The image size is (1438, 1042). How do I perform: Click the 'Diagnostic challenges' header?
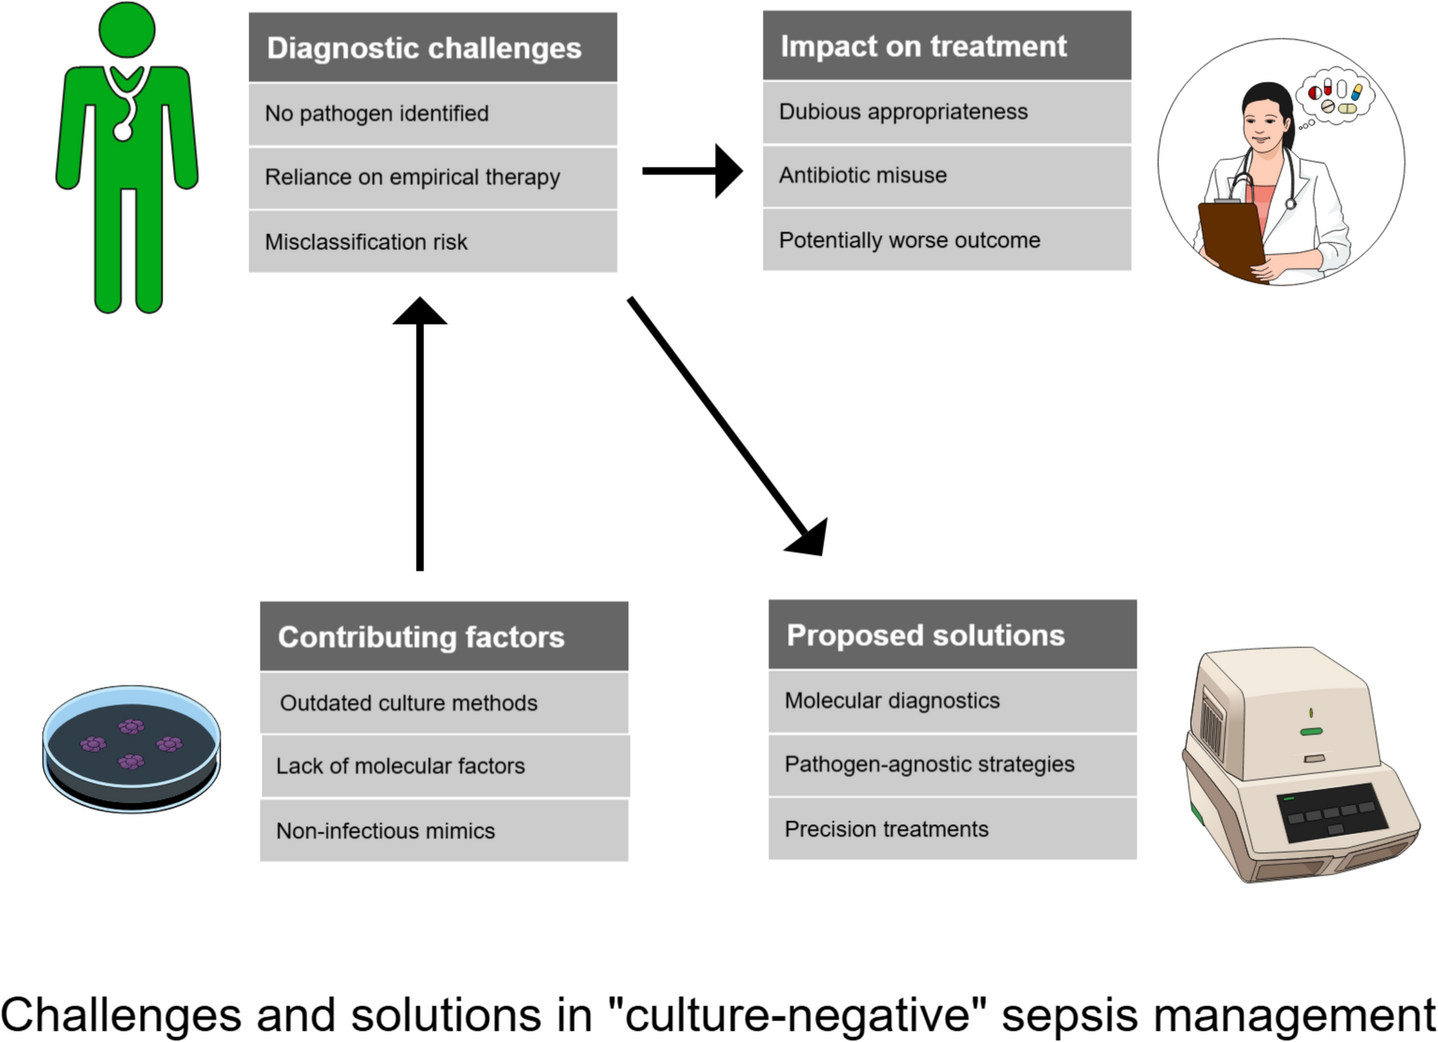click(432, 48)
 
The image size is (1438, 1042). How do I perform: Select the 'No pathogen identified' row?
click(432, 114)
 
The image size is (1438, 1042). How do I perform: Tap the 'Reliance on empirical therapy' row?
click(432, 178)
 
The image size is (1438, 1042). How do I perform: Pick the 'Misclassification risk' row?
click(432, 241)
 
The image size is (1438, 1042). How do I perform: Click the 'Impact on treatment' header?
click(946, 45)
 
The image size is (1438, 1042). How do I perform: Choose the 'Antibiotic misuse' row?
click(946, 176)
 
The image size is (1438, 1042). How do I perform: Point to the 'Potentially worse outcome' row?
click(946, 240)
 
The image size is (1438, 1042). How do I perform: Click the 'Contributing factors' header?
click(444, 636)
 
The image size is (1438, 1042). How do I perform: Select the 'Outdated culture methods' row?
click(444, 702)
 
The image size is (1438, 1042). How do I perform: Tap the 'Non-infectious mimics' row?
click(444, 830)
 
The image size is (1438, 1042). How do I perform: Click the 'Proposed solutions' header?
click(952, 635)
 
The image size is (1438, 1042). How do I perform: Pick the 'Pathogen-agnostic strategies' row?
click(952, 765)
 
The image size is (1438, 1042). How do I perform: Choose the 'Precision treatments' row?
click(952, 828)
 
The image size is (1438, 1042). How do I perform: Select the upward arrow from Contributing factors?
click(420, 433)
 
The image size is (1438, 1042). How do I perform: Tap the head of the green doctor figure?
click(127, 29)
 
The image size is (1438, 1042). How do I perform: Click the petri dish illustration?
click(131, 748)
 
